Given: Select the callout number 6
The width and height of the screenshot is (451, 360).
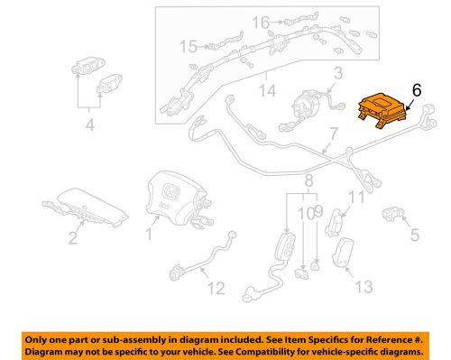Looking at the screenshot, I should coord(416,90).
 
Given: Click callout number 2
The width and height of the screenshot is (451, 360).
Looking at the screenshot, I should coord(71,239).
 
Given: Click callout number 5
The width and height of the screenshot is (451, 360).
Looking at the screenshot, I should coord(415,235).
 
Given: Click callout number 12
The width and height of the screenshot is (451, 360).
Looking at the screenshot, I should coord(214,290).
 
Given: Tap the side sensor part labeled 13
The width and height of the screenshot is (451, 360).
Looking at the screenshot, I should coord(345,254).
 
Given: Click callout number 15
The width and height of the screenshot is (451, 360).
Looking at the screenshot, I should coord(187,46).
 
